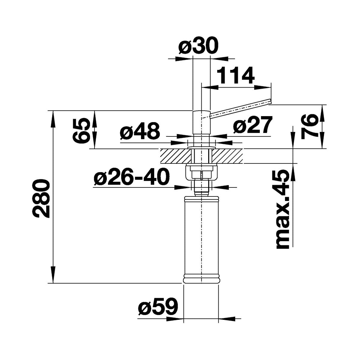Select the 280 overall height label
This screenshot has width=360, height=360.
click(41, 199)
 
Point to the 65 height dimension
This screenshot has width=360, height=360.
click(81, 130)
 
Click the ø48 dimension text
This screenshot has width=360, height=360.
click(140, 131)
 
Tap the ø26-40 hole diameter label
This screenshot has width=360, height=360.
click(132, 176)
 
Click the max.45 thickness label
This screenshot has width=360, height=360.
click(283, 209)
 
